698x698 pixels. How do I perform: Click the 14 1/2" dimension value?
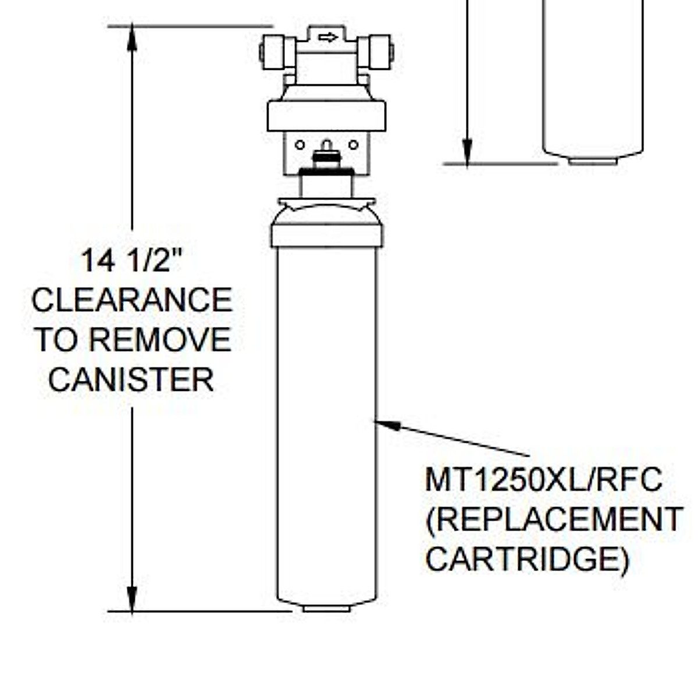coord(131,260)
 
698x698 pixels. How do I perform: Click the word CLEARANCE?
coord(132,300)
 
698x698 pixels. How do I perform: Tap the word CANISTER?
coord(131,379)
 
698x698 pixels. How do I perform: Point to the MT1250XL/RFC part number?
coord(543,480)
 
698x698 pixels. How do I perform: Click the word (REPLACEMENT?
coord(554,519)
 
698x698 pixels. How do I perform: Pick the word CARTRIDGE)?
coord(527,559)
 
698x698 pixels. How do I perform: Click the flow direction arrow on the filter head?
coord(328,38)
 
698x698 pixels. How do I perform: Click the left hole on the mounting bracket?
coord(300,145)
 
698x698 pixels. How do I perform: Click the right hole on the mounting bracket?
coord(353,145)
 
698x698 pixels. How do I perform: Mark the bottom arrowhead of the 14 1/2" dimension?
coord(132,599)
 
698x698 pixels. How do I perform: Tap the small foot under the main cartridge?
coord(326,608)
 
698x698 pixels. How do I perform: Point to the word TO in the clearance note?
coord(57,340)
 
